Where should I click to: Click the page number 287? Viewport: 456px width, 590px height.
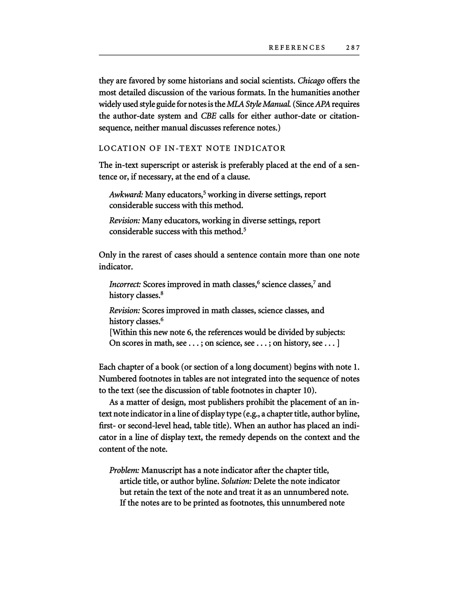(x=352, y=48)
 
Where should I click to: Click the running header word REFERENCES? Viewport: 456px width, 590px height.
(x=297, y=48)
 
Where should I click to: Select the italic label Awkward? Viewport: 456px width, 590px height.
(x=126, y=195)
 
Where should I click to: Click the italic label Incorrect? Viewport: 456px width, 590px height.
(x=125, y=284)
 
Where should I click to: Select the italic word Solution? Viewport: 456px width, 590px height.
(x=236, y=481)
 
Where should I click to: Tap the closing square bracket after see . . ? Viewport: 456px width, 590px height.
(x=338, y=343)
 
